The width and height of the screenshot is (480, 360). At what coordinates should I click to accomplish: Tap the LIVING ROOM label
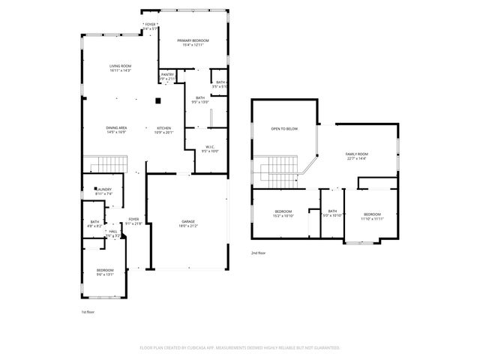120,66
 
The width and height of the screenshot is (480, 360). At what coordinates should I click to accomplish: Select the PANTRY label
168,74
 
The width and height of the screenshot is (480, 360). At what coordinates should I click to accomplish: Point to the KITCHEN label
163,128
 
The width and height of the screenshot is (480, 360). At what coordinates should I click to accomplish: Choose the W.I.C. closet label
211,146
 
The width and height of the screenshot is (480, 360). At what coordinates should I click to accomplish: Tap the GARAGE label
188,221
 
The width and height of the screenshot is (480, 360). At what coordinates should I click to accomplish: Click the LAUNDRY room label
103,190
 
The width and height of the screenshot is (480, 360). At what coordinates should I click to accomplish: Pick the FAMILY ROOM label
356,154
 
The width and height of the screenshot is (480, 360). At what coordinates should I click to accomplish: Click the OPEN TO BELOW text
284,129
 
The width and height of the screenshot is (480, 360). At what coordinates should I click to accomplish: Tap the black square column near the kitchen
158,100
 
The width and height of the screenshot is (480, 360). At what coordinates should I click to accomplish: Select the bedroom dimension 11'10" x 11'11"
372,219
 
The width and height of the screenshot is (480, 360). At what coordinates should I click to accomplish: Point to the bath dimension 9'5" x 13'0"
201,101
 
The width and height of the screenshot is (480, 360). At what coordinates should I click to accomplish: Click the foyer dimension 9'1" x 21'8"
133,223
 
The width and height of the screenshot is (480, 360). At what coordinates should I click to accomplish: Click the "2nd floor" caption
259,253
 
